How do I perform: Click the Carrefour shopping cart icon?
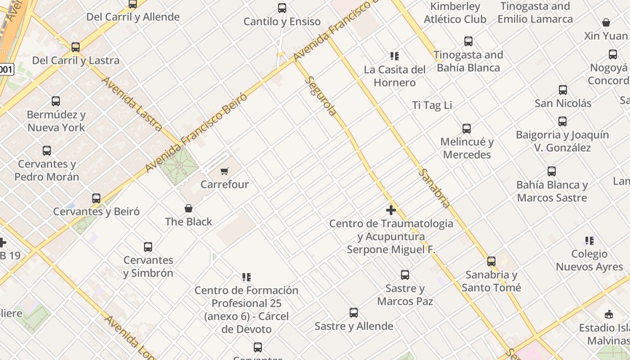224,171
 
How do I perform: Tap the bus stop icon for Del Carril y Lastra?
76,47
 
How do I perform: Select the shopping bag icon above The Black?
189,208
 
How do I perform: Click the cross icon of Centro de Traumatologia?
391,210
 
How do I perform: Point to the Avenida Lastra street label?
132,104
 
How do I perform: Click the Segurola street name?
321,96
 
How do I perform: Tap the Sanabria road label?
434,188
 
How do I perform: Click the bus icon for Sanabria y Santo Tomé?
491,261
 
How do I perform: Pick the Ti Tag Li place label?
432,105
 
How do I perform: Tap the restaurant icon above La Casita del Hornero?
395,56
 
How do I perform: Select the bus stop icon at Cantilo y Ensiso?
282,8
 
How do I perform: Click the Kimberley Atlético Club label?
455,13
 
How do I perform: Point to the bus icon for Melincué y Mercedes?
467,129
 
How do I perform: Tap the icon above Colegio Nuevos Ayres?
589,241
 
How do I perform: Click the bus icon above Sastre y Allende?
354,313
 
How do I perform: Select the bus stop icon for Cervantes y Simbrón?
148,247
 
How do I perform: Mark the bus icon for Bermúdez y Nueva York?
56,101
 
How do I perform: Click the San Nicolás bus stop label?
563,103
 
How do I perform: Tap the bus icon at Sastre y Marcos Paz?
405,275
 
